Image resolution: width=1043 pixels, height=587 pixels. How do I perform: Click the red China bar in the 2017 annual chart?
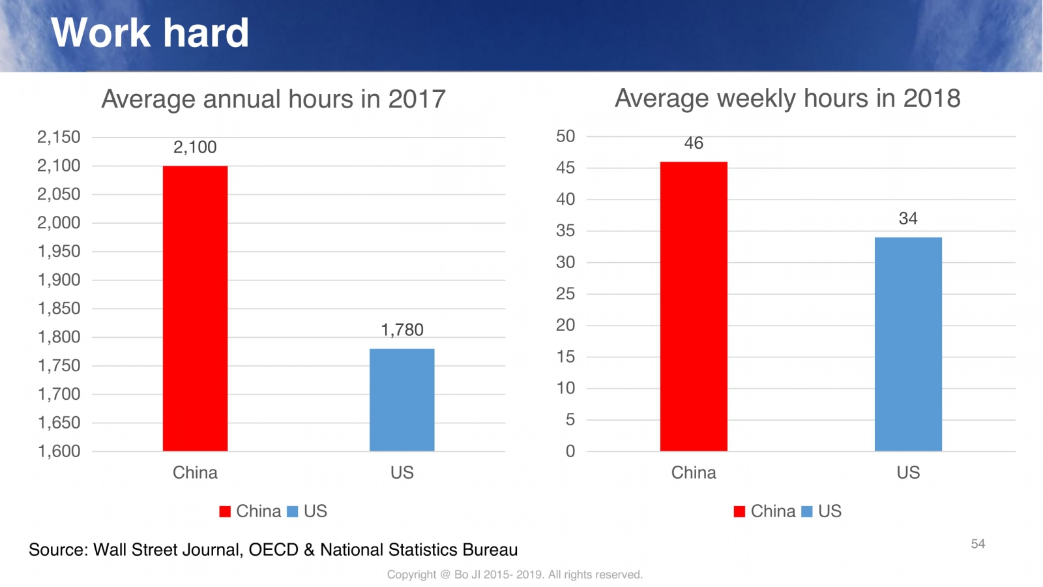click(x=195, y=308)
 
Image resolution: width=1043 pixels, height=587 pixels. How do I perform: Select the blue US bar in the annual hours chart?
click(x=402, y=399)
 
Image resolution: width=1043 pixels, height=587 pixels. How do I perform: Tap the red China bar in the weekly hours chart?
click(x=694, y=306)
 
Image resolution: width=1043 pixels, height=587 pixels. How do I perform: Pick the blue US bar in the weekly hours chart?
click(x=908, y=344)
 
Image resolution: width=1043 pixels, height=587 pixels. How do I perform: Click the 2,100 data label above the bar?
click(x=195, y=147)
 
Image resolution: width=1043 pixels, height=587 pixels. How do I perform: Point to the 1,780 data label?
click(x=402, y=330)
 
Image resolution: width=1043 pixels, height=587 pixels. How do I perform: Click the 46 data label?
click(x=694, y=143)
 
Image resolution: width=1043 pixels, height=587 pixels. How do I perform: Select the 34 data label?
click(x=908, y=218)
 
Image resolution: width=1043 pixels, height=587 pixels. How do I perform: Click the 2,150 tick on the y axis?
click(x=59, y=137)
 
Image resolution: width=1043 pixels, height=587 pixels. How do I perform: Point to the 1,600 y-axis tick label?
click(x=59, y=451)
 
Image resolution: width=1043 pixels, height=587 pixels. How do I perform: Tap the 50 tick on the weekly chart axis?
click(x=565, y=136)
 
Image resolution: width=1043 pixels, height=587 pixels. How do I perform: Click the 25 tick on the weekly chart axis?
click(x=565, y=293)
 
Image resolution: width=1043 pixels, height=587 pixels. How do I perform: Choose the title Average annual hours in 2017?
click(x=273, y=99)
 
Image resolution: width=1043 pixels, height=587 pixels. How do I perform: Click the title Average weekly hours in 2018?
click(x=787, y=98)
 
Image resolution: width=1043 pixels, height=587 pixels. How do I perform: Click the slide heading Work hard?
click(x=150, y=32)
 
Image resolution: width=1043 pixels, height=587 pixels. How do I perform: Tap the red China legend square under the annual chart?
click(x=225, y=511)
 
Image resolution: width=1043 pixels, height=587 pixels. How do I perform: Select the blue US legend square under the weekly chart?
click(x=806, y=511)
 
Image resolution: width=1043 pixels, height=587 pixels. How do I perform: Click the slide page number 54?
click(x=978, y=544)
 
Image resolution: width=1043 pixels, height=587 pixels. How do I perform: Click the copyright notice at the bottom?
click(x=514, y=575)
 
